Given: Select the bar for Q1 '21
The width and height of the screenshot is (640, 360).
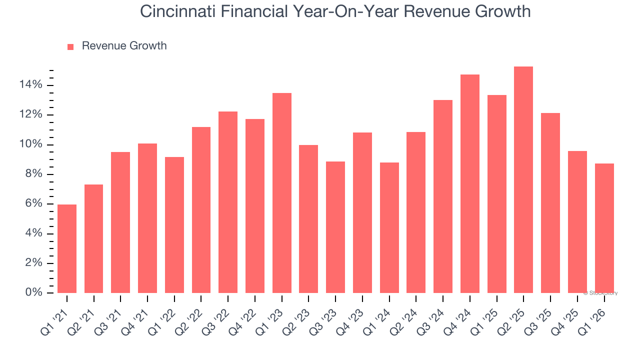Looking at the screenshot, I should pyautogui.click(x=67, y=248).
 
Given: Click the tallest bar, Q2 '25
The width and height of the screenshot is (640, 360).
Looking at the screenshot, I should pyautogui.click(x=523, y=180).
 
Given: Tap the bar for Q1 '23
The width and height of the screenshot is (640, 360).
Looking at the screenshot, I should pyautogui.click(x=282, y=193).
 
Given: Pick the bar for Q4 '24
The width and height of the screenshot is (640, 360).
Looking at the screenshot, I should pyautogui.click(x=470, y=184).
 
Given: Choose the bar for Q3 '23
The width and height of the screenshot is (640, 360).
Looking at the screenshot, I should pyautogui.click(x=335, y=227).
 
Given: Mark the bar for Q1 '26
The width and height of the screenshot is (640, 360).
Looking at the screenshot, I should pyautogui.click(x=604, y=228).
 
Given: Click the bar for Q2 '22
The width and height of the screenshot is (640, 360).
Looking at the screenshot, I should pyautogui.click(x=201, y=210).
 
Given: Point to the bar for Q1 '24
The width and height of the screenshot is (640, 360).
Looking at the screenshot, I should pyautogui.click(x=389, y=227).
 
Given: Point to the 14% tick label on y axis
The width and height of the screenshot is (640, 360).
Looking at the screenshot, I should pyautogui.click(x=31, y=85).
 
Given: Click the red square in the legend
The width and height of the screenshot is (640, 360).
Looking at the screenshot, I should pyautogui.click(x=70, y=46).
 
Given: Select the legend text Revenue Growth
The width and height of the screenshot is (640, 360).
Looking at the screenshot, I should pyautogui.click(x=124, y=46).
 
